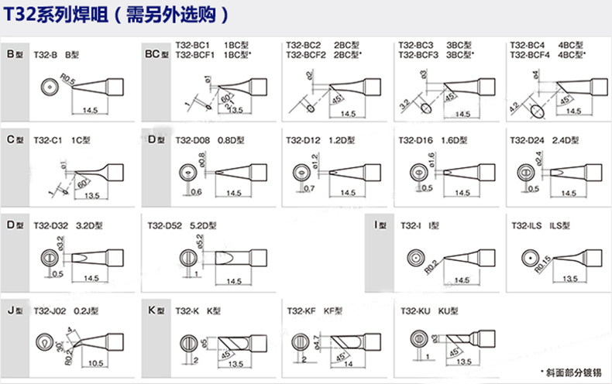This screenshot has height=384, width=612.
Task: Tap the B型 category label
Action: click(15, 56)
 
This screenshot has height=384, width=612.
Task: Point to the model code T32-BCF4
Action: click(531, 56)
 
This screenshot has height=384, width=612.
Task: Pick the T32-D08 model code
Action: click(192, 140)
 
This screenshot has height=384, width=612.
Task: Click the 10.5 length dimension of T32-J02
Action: click(96, 363)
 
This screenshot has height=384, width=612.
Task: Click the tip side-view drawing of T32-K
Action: click(232, 341)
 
